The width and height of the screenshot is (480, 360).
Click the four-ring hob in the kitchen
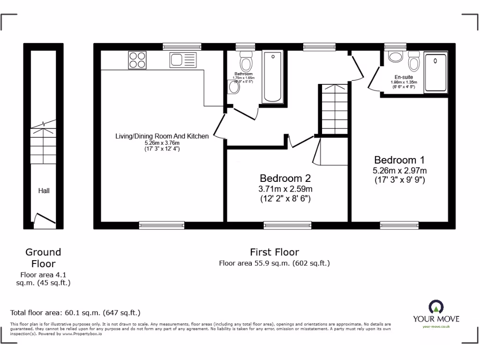point(137,60)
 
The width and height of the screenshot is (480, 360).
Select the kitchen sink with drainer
point(183,60)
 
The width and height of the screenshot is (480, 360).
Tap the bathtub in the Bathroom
point(272,77)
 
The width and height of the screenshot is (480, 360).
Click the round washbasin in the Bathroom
point(233,87)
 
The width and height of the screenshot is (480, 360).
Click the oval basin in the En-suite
point(396,57)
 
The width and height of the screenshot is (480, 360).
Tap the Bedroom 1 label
point(400,159)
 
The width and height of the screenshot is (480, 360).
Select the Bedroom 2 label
point(285,178)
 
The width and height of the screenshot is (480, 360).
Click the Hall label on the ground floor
point(44,191)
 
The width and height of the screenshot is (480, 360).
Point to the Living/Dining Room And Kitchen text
point(162,136)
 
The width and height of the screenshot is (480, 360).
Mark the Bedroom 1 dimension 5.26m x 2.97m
point(400,170)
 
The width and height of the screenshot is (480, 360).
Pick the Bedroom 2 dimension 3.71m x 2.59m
point(285,189)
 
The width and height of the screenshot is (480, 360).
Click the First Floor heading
point(274,252)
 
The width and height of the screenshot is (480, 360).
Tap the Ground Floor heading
point(43,258)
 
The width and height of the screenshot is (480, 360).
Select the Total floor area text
point(75,313)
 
